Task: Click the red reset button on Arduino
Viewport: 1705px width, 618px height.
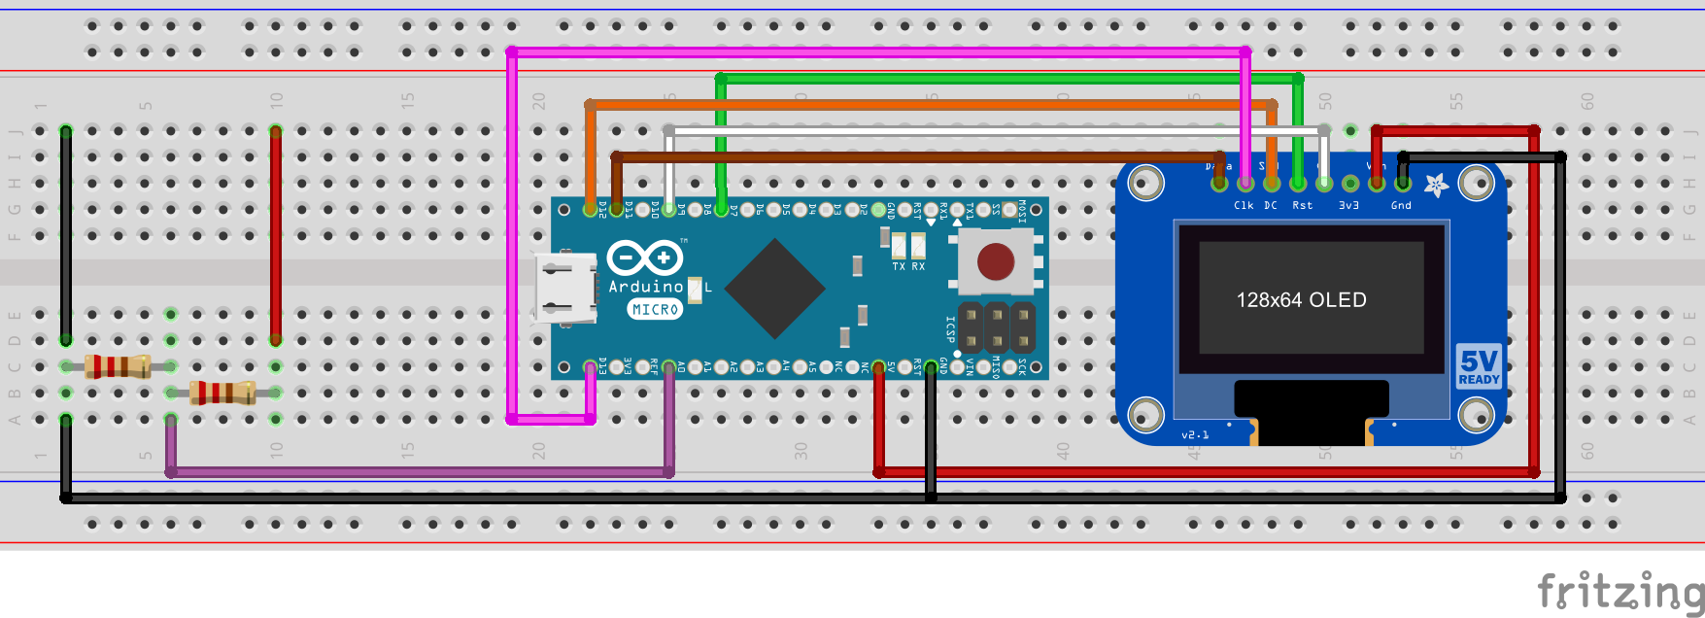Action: (995, 260)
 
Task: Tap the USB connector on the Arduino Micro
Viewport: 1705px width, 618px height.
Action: (564, 287)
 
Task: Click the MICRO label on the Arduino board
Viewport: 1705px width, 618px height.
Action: (655, 309)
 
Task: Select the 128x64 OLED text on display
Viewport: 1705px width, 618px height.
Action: (1301, 300)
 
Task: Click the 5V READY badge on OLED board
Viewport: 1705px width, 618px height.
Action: (1479, 366)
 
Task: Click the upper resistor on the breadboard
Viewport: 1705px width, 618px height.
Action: (118, 366)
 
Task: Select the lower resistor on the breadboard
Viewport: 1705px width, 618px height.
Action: (222, 393)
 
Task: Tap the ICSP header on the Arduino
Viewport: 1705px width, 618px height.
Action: (996, 327)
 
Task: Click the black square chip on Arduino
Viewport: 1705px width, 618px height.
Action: (774, 288)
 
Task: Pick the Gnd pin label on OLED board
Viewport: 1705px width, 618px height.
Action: (1401, 205)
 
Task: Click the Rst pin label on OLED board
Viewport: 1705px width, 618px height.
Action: (1302, 205)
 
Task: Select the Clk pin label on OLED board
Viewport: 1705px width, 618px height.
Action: (1244, 205)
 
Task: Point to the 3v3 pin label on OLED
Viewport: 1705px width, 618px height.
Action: (1348, 205)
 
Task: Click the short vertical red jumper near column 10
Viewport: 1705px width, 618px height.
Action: (276, 233)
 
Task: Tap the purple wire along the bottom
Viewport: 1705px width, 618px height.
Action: (418, 472)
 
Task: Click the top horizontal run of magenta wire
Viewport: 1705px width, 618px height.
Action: (874, 51)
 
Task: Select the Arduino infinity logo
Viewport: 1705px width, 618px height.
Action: (645, 257)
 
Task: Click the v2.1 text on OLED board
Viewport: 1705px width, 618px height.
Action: (1195, 434)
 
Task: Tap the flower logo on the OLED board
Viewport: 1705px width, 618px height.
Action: (1436, 184)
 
